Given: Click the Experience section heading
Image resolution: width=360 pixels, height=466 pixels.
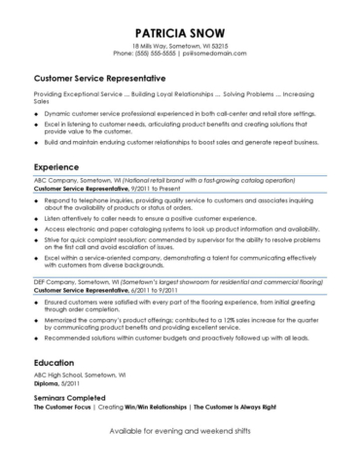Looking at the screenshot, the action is (x=57, y=166).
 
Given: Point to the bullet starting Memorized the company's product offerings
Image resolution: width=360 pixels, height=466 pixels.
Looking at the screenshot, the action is (x=185, y=319).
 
